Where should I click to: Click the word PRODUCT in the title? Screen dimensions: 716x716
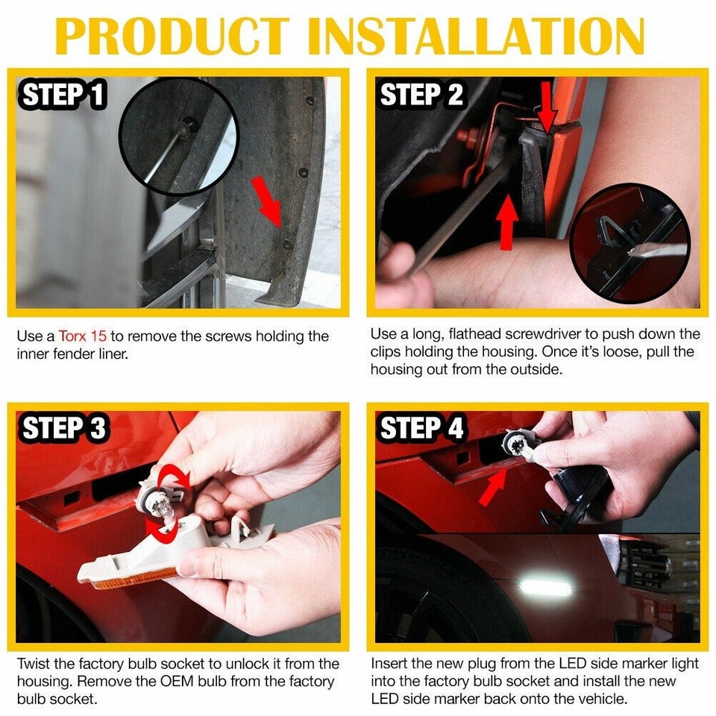pyautogui.click(x=172, y=34)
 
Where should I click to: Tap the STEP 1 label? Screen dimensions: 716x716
pyautogui.click(x=63, y=96)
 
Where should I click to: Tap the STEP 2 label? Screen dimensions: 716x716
pyautogui.click(x=421, y=96)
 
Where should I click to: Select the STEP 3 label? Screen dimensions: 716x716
pyautogui.click(x=64, y=429)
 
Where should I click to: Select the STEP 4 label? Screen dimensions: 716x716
pyautogui.click(x=422, y=429)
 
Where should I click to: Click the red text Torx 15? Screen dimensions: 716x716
pyautogui.click(x=83, y=336)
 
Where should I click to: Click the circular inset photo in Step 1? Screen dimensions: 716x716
pyautogui.click(x=178, y=136)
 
